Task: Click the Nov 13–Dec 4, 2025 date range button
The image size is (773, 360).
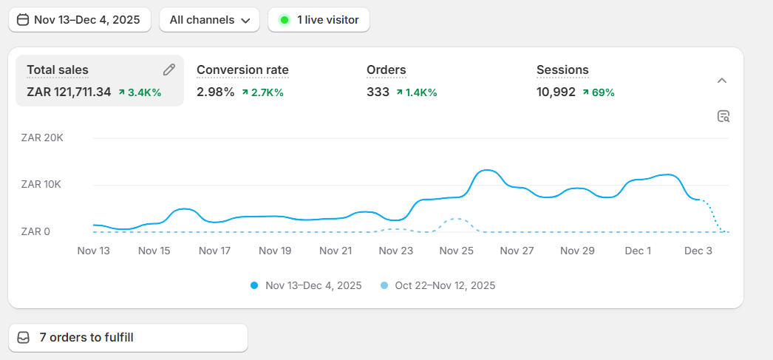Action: (x=80, y=20)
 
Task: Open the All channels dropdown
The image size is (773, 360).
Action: (x=209, y=20)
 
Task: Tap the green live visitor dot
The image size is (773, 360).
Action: (x=284, y=20)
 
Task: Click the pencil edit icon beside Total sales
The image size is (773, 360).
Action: (x=169, y=69)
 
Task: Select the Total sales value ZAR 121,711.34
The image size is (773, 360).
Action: (x=69, y=92)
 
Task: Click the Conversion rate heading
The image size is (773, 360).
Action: (x=242, y=70)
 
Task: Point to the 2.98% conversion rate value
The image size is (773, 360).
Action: (x=215, y=92)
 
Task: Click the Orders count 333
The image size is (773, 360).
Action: (x=378, y=92)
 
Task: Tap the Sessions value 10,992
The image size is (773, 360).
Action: (x=556, y=92)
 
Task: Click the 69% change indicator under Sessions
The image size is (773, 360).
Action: (x=599, y=92)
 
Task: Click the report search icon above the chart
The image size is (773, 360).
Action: (x=723, y=116)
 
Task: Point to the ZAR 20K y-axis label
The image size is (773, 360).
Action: (x=42, y=137)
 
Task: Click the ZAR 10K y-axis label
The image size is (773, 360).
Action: (x=42, y=184)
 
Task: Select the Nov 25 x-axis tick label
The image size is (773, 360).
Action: (x=457, y=251)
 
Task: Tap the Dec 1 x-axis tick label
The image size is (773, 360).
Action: (x=638, y=251)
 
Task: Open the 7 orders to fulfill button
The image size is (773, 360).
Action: (x=128, y=338)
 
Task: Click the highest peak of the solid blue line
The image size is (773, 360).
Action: (x=486, y=170)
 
